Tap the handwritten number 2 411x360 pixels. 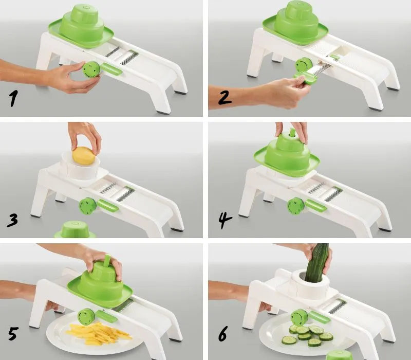click(x=225, y=98)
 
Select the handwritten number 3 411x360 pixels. click(x=12, y=220)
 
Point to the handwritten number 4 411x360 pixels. click(x=225, y=221)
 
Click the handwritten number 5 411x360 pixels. click(x=13, y=333)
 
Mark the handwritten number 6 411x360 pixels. click(x=223, y=333)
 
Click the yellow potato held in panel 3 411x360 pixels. click(x=84, y=156)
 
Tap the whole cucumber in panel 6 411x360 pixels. click(x=316, y=263)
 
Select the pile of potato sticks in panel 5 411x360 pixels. click(x=98, y=333)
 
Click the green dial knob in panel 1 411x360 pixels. click(x=91, y=69)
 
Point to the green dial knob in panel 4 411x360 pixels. click(x=296, y=206)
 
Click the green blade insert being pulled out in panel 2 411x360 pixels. click(x=305, y=78)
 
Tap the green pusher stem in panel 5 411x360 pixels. click(x=107, y=261)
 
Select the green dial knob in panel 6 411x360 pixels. click(x=300, y=318)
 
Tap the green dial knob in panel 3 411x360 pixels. click(x=88, y=206)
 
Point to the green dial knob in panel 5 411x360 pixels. click(x=86, y=317)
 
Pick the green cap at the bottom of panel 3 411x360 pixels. click(x=75, y=229)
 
